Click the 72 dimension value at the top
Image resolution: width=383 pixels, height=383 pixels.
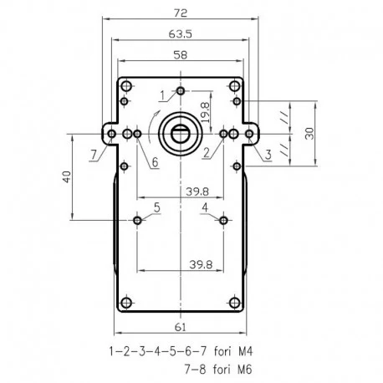181,13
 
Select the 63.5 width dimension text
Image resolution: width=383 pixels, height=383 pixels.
181,34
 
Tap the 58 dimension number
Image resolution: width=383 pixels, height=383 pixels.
181,55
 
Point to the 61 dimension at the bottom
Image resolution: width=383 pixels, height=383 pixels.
180,327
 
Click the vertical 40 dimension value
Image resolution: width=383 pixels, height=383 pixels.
67,177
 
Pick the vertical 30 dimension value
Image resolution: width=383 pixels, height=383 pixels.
309,133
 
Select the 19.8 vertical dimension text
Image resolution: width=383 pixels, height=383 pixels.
205,112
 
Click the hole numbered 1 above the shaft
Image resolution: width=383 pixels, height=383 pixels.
181,90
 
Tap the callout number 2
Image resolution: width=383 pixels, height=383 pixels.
207,153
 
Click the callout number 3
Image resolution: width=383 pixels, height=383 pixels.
268,155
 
